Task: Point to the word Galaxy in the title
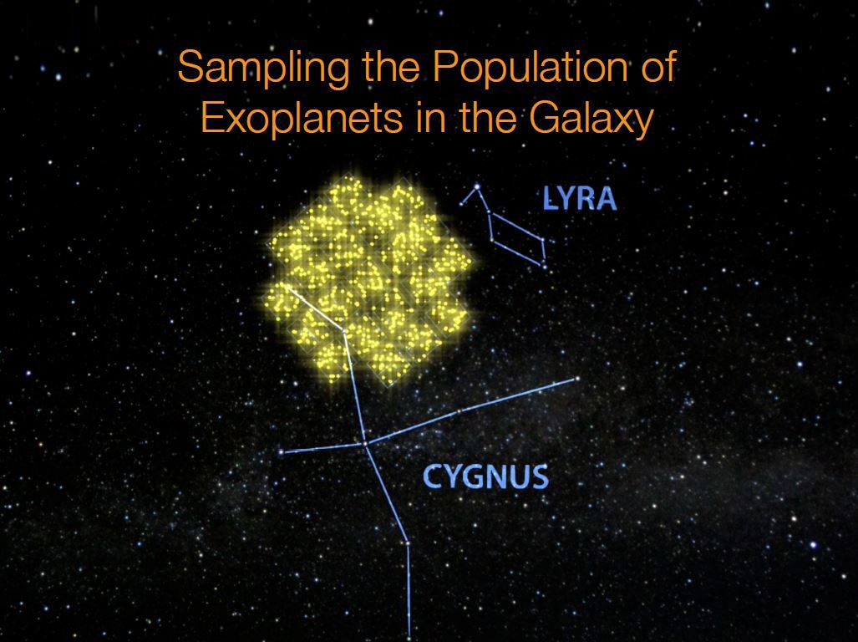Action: click(x=591, y=119)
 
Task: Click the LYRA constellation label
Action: click(x=579, y=199)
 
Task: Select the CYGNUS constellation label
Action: click(x=486, y=477)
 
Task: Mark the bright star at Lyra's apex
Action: click(x=476, y=186)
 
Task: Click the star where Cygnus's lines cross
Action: click(x=365, y=443)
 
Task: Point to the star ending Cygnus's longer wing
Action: click(x=576, y=379)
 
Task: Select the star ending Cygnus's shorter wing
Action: click(x=282, y=452)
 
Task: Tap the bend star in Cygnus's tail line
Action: click(x=407, y=543)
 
